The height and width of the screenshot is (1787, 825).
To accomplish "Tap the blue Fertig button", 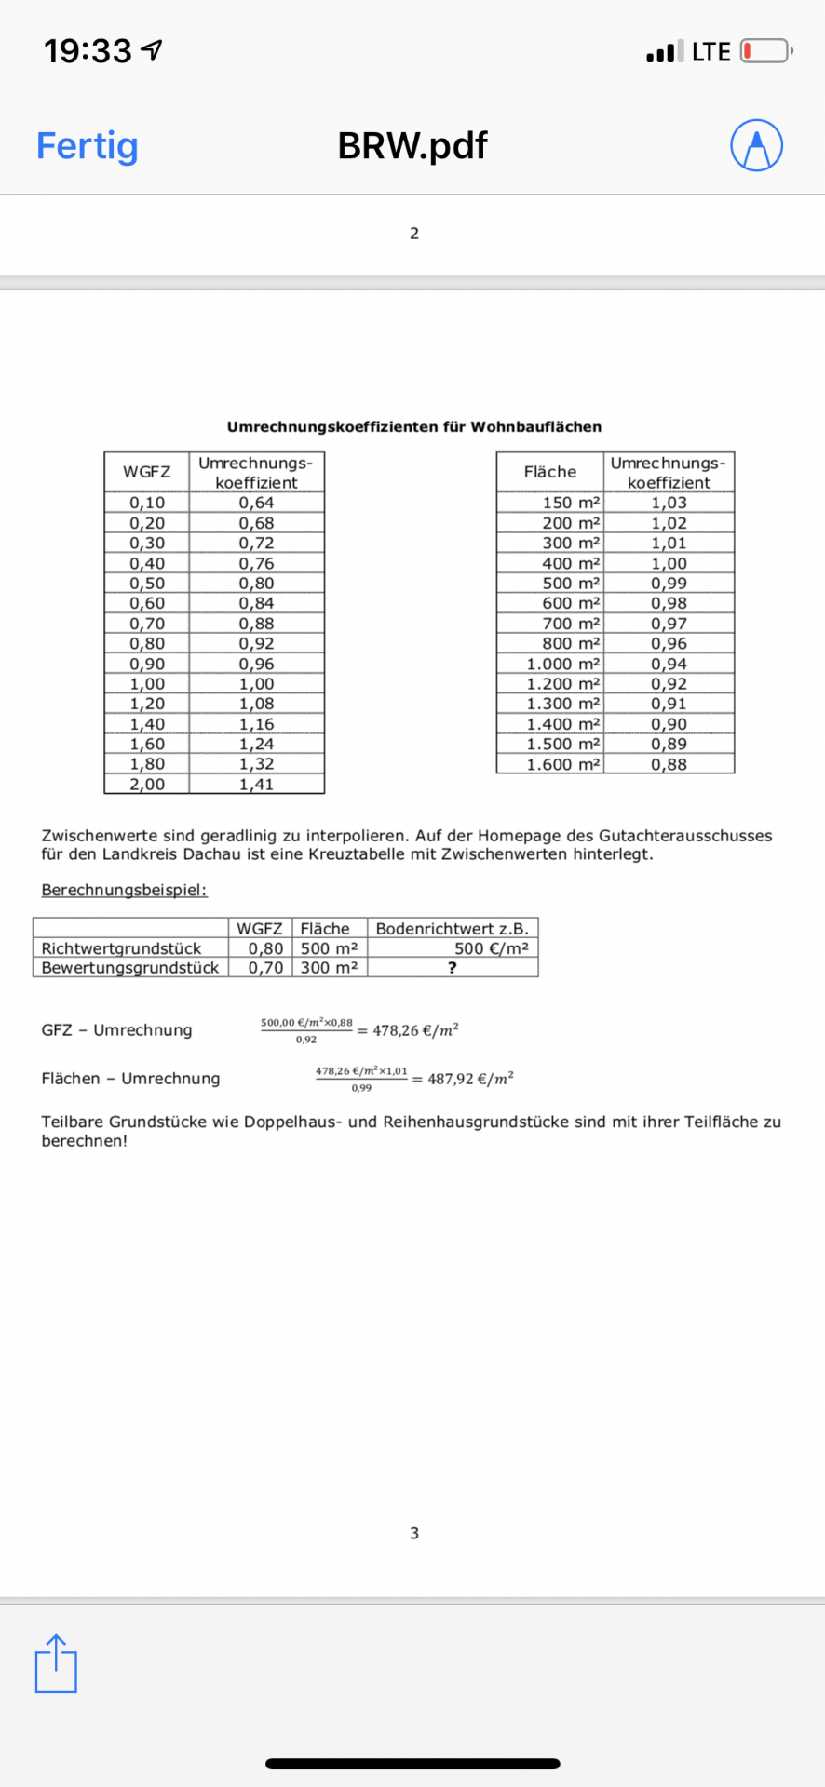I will [87, 145].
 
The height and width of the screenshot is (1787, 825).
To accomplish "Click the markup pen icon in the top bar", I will [756, 145].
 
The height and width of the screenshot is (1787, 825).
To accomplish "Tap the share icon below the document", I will [56, 1663].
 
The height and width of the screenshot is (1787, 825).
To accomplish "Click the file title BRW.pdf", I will [412, 145].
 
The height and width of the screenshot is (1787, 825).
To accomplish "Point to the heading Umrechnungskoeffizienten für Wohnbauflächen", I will [413, 427].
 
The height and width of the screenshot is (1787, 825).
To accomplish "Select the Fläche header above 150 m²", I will [549, 472].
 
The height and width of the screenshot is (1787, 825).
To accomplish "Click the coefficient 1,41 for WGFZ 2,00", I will [256, 784].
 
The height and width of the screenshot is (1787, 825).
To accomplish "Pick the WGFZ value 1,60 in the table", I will [147, 744].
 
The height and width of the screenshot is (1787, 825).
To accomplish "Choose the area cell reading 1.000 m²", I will [562, 664].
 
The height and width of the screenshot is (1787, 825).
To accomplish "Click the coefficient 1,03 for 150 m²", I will [669, 503].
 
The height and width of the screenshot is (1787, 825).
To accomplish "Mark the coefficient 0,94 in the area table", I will [669, 664].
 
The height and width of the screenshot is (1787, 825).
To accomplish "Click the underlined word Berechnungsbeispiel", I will [124, 890].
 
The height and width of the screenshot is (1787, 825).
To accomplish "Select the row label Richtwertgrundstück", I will [121, 948].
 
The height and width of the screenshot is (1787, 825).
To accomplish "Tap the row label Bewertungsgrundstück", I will [129, 968].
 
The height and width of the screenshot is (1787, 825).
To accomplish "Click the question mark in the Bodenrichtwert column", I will [453, 968].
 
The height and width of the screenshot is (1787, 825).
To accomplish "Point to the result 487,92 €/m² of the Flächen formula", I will [470, 1079].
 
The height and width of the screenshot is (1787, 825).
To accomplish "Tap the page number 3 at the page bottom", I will [414, 1533].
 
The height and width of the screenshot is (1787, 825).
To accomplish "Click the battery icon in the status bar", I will [765, 51].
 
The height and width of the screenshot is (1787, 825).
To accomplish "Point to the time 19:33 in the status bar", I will [88, 51].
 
